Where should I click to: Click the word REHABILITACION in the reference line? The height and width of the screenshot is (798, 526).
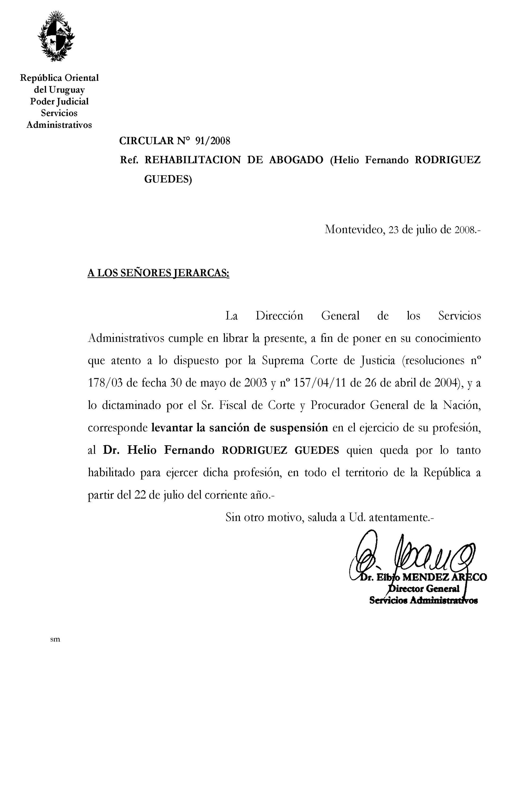click(x=192, y=160)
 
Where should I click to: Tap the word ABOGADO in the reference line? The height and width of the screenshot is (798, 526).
click(x=296, y=160)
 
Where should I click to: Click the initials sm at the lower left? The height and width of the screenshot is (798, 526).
click(x=55, y=639)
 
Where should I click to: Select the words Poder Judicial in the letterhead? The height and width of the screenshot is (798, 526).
click(x=59, y=101)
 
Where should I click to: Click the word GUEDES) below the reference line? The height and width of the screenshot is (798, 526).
click(x=168, y=180)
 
